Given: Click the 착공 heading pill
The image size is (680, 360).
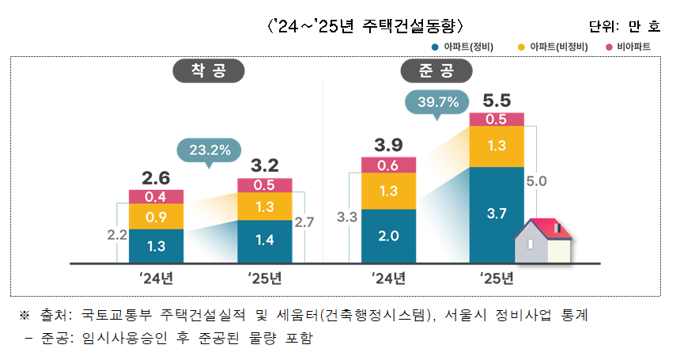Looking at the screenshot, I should (x=207, y=71).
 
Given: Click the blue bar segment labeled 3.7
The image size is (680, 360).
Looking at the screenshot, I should (x=497, y=214).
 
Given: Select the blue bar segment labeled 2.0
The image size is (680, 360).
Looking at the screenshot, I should (x=388, y=235).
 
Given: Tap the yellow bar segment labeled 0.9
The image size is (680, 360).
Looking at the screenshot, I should (x=156, y=217).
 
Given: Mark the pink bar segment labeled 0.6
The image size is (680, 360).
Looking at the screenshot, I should (x=388, y=165).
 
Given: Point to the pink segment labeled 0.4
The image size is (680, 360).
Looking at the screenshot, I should (x=156, y=196).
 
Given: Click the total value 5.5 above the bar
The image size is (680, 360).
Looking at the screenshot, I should (x=497, y=100).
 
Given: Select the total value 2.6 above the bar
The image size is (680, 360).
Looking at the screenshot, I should (x=156, y=177).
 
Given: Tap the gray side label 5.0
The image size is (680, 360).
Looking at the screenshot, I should (x=536, y=181).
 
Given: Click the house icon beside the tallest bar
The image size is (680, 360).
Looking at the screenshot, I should (x=543, y=240).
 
